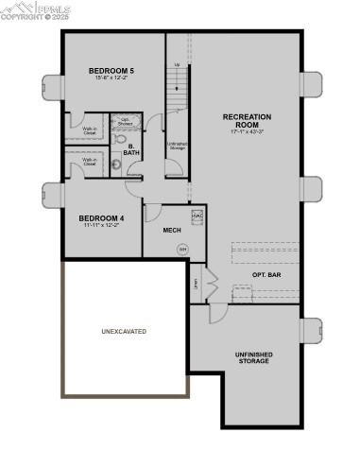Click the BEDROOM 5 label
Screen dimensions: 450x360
coord(111,71)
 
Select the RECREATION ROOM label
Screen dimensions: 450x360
coord(247,121)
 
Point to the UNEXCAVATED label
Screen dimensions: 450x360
coord(124,331)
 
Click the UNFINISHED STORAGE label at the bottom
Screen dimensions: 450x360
coord(253,357)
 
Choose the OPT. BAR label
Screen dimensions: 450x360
coord(266,275)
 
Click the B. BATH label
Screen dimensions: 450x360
coord(132,149)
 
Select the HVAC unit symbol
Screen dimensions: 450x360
coord(197,216)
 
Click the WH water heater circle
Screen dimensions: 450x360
coord(183,250)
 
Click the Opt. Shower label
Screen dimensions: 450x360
coord(126,122)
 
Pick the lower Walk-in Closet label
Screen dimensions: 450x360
coord(91,161)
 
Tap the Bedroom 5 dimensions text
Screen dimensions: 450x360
coord(111,79)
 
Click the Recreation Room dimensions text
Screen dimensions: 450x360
coord(247,132)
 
